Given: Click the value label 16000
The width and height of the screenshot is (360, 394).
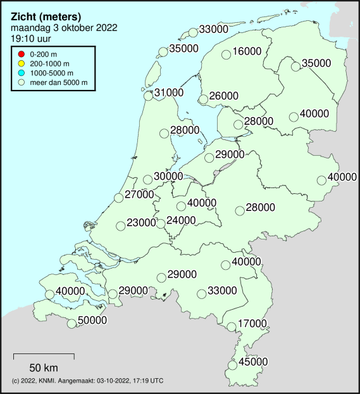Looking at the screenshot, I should [247, 51].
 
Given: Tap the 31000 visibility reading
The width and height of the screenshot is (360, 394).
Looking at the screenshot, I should [169, 92].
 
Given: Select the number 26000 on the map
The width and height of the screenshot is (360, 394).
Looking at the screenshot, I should [224, 96].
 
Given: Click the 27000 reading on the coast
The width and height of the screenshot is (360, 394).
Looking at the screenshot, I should [139, 194].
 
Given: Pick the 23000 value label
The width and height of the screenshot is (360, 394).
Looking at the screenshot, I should [141, 222].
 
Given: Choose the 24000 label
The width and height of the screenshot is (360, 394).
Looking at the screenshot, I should [181, 220].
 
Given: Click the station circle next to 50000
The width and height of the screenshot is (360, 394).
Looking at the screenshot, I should [72, 324].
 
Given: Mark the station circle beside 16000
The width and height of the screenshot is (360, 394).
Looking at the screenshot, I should [226, 55].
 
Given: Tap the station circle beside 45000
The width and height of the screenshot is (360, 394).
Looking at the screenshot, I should [232, 365].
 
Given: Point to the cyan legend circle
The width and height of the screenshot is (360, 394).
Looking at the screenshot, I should [22, 74].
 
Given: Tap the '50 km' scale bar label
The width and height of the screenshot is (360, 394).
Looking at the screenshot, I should [44, 367].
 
